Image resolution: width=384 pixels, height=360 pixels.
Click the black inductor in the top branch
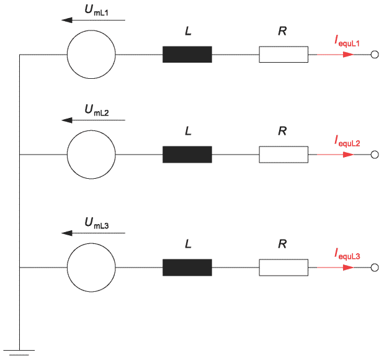[187, 55]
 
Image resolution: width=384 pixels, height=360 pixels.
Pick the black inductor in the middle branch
[187, 155]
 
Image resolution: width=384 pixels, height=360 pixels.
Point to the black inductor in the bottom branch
[187, 268]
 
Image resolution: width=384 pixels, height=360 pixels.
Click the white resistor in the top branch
[284, 47]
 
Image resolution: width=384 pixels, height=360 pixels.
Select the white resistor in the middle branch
[284, 146]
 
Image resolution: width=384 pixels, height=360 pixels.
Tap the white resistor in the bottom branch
[284, 259]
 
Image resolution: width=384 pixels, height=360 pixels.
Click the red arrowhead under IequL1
[348, 55]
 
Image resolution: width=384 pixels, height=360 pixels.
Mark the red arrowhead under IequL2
[348, 155]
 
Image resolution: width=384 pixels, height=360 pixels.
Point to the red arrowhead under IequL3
[348, 268]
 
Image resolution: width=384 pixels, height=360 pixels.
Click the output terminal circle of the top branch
[375, 51]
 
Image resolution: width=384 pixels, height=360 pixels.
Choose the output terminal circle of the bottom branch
[375, 264]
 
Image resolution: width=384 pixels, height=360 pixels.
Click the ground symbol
[19, 353]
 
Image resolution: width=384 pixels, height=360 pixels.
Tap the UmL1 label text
[97, 11]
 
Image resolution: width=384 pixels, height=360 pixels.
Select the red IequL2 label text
[347, 141]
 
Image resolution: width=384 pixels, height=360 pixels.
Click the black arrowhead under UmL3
[66, 233]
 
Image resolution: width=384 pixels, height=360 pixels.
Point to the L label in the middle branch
[188, 131]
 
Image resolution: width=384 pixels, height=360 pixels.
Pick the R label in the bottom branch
[282, 244]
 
